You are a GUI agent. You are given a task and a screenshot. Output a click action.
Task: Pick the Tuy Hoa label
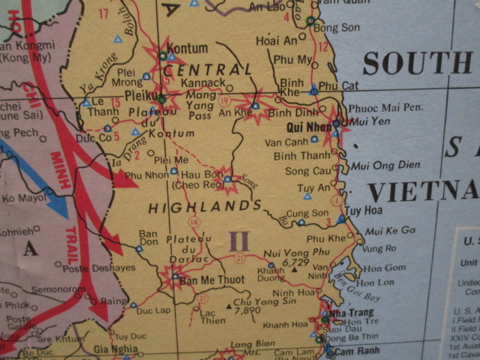click(364, 211)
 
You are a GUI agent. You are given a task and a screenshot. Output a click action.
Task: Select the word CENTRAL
click(208, 70)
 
